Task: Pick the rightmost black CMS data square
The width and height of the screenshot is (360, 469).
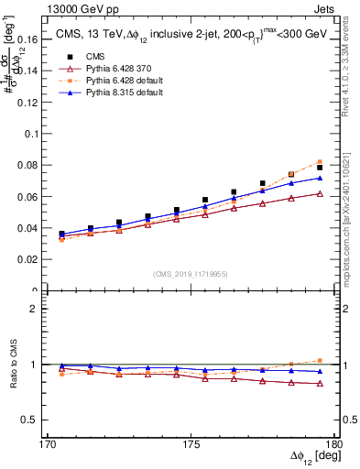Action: click(x=320, y=168)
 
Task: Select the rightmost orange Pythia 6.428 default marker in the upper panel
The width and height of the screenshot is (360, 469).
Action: click(x=320, y=162)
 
